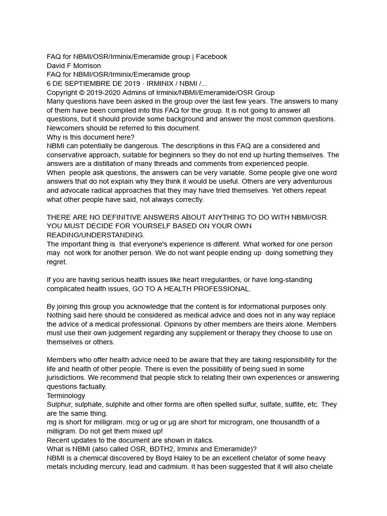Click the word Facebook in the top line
coord(212,57)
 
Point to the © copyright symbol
coord(82,93)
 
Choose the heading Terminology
coord(66,396)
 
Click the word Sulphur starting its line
coord(59,405)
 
